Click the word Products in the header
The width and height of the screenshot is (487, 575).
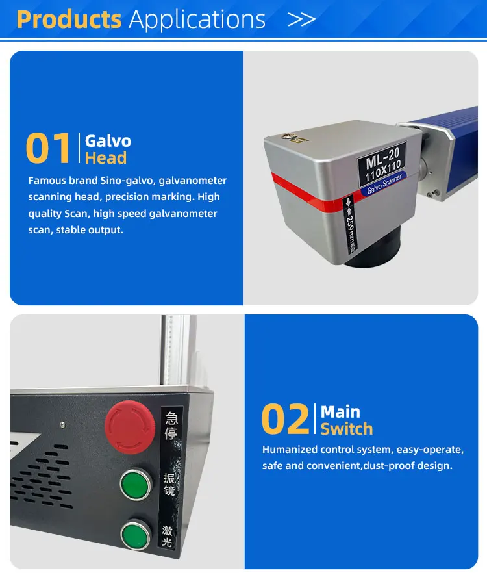coord(69,19)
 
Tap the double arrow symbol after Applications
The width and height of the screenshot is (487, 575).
coord(301,19)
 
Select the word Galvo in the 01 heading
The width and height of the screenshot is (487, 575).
coord(108,141)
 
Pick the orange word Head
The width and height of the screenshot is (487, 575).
coord(106,158)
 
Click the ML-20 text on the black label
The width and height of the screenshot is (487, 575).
coord(382,157)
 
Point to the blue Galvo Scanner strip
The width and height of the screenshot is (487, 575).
coord(384,184)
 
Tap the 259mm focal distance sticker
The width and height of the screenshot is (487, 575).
coord(349,225)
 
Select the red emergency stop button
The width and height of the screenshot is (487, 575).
coord(129,428)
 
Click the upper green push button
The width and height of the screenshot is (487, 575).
coord(136,484)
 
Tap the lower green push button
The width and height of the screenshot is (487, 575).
coord(136,535)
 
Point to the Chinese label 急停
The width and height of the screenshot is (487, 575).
coord(171,426)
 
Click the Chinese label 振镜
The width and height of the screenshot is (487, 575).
coord(169,485)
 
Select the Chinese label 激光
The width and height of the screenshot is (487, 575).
coord(167,536)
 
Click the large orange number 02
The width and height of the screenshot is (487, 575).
coord(286,419)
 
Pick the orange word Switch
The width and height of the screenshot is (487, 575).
coord(347,429)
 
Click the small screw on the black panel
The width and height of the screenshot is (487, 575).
coord(63,425)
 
